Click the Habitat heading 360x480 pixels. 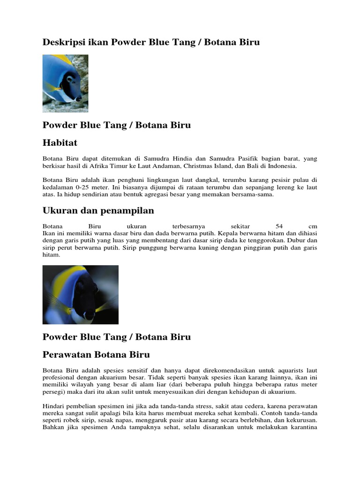point(60,142)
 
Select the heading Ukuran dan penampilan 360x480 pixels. point(98,210)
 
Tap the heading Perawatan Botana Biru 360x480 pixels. point(96,354)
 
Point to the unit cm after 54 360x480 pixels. point(313,225)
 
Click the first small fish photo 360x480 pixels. point(65,83)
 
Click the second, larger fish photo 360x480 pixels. point(80,294)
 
